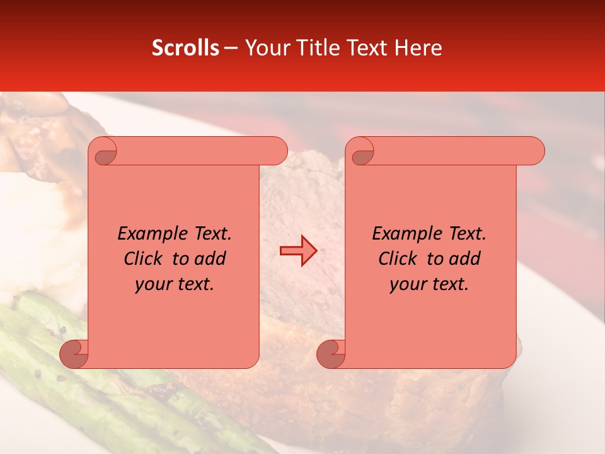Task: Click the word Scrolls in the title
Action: point(185,48)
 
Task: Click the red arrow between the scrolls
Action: point(298,250)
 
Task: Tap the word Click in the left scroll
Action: point(145,259)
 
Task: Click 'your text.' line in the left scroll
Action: point(175,284)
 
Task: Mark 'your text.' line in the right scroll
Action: point(429,284)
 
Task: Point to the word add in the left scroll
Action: point(210,259)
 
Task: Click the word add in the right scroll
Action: point(465,259)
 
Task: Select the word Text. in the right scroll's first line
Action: point(467,234)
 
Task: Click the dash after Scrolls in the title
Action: point(231,48)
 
